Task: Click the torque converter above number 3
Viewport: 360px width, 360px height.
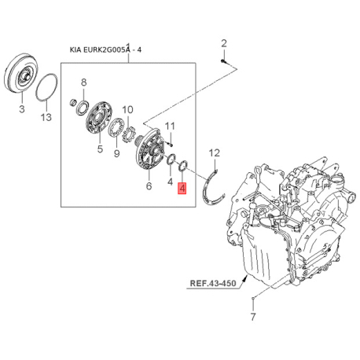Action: pos(23,75)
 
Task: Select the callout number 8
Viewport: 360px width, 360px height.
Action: pos(84,83)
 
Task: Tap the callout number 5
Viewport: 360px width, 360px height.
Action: pos(100,149)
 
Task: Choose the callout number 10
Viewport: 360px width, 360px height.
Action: pos(127,110)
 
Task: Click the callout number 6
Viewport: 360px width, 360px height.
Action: pos(149,186)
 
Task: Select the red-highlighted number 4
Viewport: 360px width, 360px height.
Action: pos(182,189)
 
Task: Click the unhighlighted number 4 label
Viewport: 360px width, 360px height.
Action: pos(170,181)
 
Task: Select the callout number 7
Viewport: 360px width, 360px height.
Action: pos(252,318)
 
